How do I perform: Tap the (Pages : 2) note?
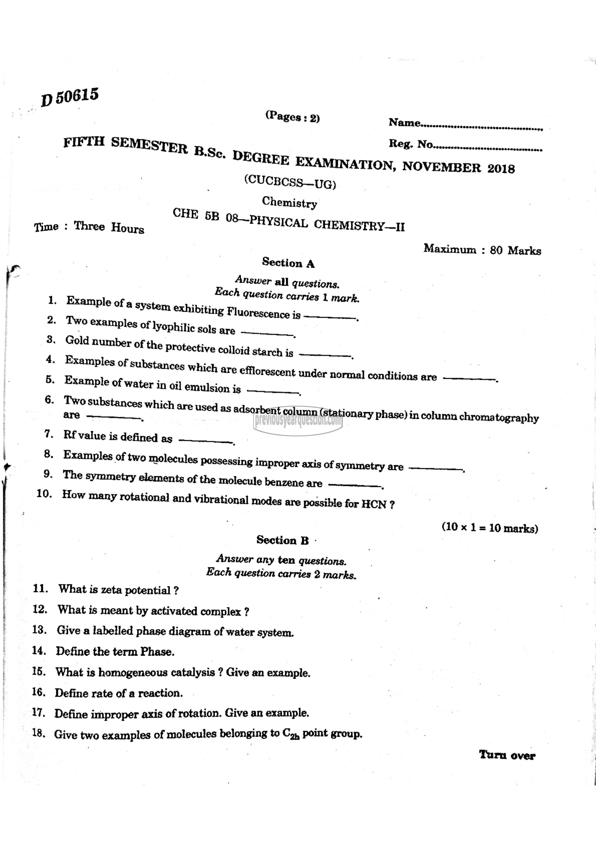pyautogui.click(x=292, y=117)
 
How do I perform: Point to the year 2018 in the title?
pyautogui.click(x=501, y=168)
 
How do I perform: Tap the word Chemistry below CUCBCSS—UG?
pyautogui.click(x=289, y=202)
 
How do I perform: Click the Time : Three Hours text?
pyautogui.click(x=89, y=227)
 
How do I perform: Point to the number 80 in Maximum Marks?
pyautogui.click(x=496, y=250)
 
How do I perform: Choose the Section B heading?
pyautogui.click(x=283, y=540)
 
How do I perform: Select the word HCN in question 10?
pyautogui.click(x=374, y=504)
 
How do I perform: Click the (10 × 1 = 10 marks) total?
pyautogui.click(x=490, y=528)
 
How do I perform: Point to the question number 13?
pyautogui.click(x=39, y=630)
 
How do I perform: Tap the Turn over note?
pyautogui.click(x=507, y=755)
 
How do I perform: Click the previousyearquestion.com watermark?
pyautogui.click(x=298, y=420)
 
